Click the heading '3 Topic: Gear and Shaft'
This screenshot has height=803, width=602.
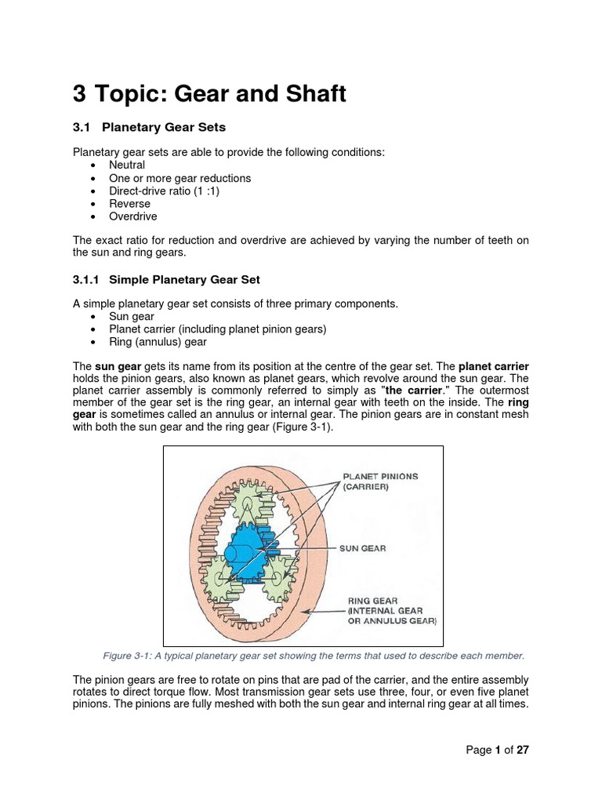coord(209,94)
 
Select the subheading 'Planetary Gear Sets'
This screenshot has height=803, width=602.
coord(167,127)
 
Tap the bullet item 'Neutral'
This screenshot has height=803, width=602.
coord(127,165)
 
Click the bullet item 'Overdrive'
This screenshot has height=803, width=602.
coord(133,216)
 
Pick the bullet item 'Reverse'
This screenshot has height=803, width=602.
coord(130,203)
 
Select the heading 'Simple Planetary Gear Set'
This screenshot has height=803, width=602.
coord(184,279)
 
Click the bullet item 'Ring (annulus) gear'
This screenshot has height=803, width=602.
coord(159,342)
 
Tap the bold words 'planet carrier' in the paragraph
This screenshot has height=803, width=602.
coord(493,365)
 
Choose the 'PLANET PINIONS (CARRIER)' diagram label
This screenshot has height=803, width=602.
coord(380,481)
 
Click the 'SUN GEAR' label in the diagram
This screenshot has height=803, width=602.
coord(362,548)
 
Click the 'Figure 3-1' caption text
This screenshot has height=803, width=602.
coord(313,656)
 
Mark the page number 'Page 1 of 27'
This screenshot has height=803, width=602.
coord(498,750)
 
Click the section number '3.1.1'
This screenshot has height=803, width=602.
coord(88,279)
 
